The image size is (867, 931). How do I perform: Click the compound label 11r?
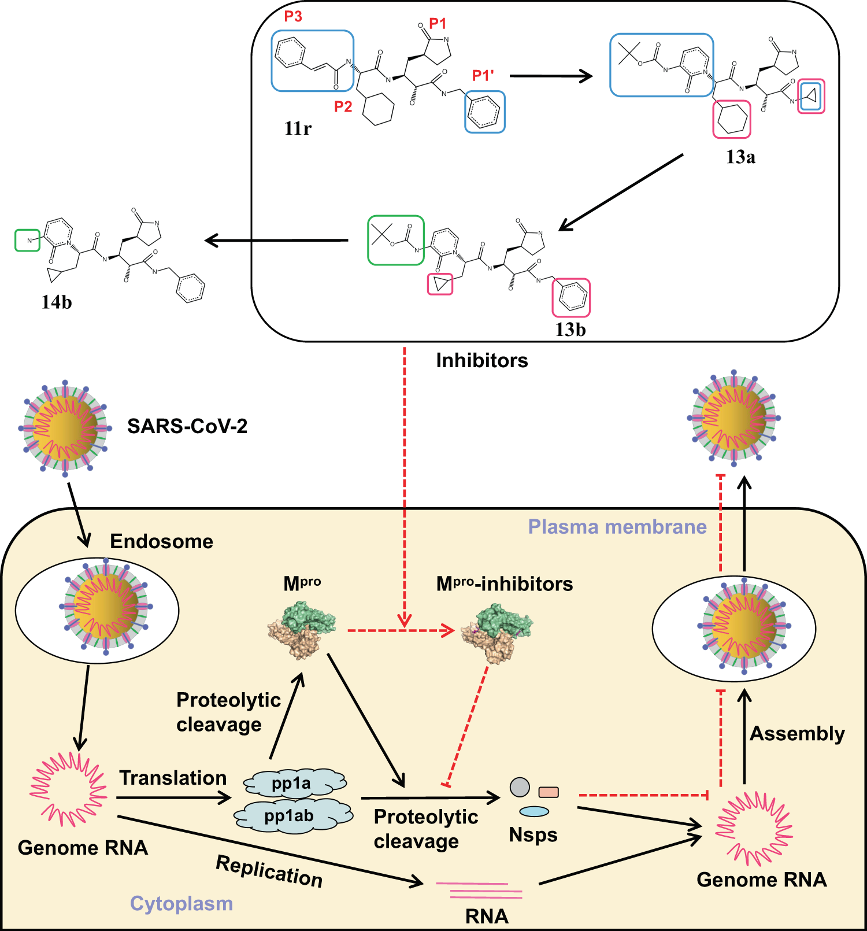pos(298,128)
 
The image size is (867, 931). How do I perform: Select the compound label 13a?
pos(740,157)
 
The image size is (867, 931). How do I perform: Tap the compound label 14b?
pos(57,302)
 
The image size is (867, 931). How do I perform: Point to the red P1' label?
pos(483,76)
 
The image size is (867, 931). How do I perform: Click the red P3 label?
pos(293,16)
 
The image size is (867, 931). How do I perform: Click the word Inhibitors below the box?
pos(482,360)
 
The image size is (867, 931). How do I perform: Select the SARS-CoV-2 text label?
pos(187,426)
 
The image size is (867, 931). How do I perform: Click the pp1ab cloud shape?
pos(293,815)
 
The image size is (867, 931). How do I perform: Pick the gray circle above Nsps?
pos(520,787)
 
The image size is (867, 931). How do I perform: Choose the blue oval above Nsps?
pos(534,811)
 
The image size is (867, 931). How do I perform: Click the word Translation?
pos(173,778)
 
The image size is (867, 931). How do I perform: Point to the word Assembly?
pos(797,734)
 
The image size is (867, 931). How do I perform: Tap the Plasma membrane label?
pos(617,527)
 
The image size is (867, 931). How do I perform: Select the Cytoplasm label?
pos(181,903)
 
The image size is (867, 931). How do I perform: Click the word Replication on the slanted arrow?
pos(269,871)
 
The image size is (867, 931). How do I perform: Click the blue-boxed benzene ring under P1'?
pos(484,112)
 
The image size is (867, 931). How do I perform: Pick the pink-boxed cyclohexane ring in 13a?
pos(732,119)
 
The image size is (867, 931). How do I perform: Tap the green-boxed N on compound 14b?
pos(27,241)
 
